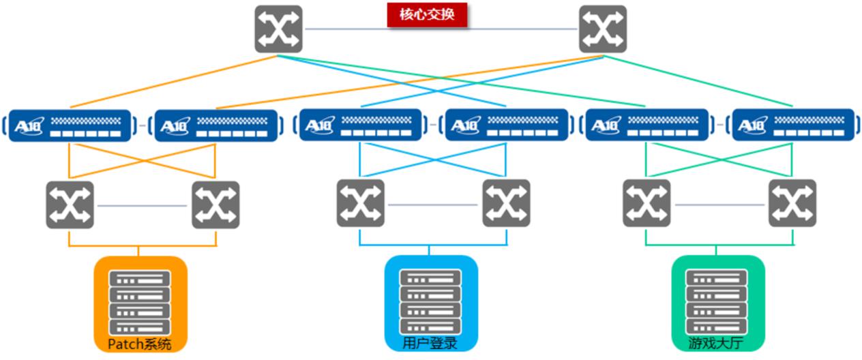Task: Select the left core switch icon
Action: click(278, 29)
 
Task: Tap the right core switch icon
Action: click(602, 29)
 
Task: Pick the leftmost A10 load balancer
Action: click(70, 125)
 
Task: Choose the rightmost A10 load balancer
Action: click(792, 125)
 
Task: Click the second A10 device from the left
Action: click(215, 125)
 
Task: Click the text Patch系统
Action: click(140, 344)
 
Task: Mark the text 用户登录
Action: click(430, 344)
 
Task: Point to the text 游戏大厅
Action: click(717, 344)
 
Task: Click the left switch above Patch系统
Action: click(70, 205)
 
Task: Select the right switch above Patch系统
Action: click(215, 205)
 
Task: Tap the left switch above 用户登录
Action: click(360, 203)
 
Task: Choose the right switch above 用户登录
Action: click(506, 203)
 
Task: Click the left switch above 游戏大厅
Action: click(646, 203)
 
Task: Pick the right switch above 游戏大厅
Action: click(792, 203)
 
